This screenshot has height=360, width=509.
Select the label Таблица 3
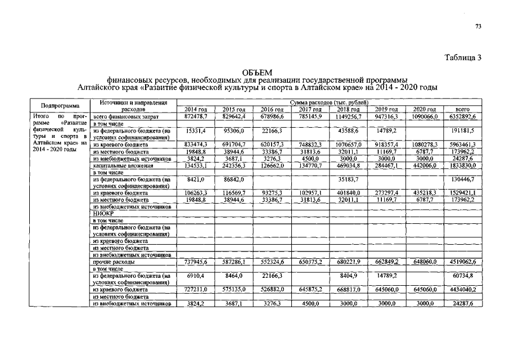click(463, 58)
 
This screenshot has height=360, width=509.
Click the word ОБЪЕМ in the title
click(256, 73)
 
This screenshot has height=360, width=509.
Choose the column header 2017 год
click(310, 109)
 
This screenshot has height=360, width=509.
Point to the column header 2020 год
click(425, 109)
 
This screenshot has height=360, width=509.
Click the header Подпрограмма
click(60, 106)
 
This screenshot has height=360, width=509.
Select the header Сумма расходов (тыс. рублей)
click(328, 103)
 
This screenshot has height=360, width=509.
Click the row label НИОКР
click(102, 214)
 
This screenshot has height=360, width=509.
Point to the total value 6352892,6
click(462, 116)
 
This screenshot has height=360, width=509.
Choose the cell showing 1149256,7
click(348, 116)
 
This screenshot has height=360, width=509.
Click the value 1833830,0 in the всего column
click(462, 166)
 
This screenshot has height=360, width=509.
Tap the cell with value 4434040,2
click(462, 290)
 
